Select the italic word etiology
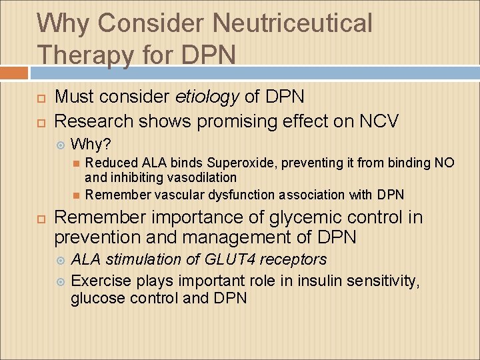(x=207, y=97)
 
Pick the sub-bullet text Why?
(x=91, y=144)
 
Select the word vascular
(x=179, y=195)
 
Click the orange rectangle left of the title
(x=14, y=73)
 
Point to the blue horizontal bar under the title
(x=253, y=73)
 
